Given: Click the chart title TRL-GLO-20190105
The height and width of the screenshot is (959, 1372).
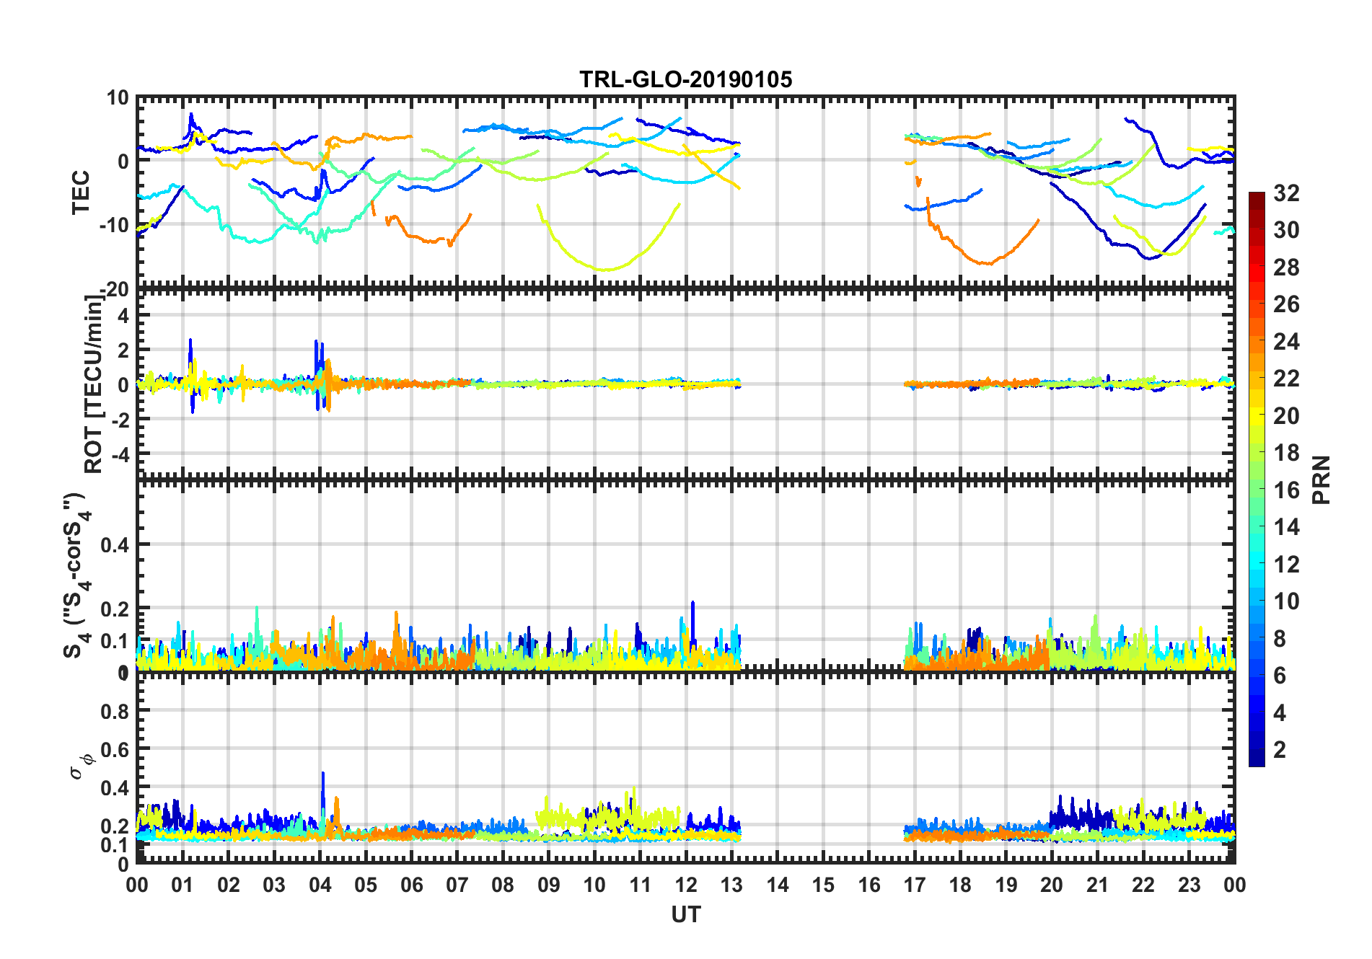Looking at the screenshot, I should point(685,79).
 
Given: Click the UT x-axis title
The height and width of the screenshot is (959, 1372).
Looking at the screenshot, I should point(685,914).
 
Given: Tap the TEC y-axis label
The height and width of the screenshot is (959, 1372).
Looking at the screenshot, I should point(81,192).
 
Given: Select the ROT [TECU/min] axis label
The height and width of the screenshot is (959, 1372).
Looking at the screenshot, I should point(94,384).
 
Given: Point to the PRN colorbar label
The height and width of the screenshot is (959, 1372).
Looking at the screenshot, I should point(1322,479).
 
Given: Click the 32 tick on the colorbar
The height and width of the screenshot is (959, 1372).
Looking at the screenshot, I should point(1286,193).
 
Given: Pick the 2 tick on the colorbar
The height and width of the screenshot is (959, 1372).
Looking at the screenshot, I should point(1280,750).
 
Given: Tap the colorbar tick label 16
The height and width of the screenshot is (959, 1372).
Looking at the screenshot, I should point(1286,490).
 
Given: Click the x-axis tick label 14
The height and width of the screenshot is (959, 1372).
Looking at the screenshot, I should point(778,885).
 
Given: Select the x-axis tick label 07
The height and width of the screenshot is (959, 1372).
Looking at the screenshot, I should point(457,885).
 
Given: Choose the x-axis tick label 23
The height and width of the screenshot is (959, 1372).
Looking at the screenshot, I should point(1189,885).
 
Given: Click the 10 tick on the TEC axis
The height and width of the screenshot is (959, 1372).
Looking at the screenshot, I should point(118,98).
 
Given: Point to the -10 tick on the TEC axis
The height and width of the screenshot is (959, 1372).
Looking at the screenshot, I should point(114,225).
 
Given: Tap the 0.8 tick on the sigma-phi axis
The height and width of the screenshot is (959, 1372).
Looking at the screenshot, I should point(115,711).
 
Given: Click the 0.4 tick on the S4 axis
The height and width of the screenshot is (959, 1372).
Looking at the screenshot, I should point(115,545).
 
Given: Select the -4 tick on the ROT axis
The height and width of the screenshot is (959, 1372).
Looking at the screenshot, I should point(120,454).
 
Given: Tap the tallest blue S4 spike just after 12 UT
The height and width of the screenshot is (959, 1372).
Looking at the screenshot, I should point(692,604).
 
